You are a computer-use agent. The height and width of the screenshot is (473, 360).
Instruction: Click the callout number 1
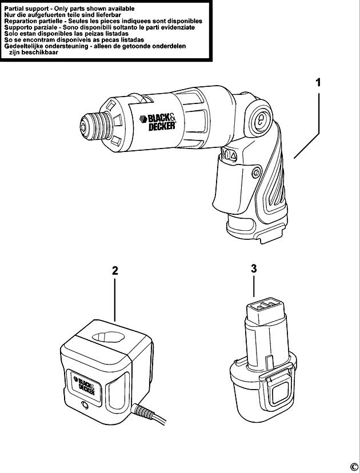[319, 82]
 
